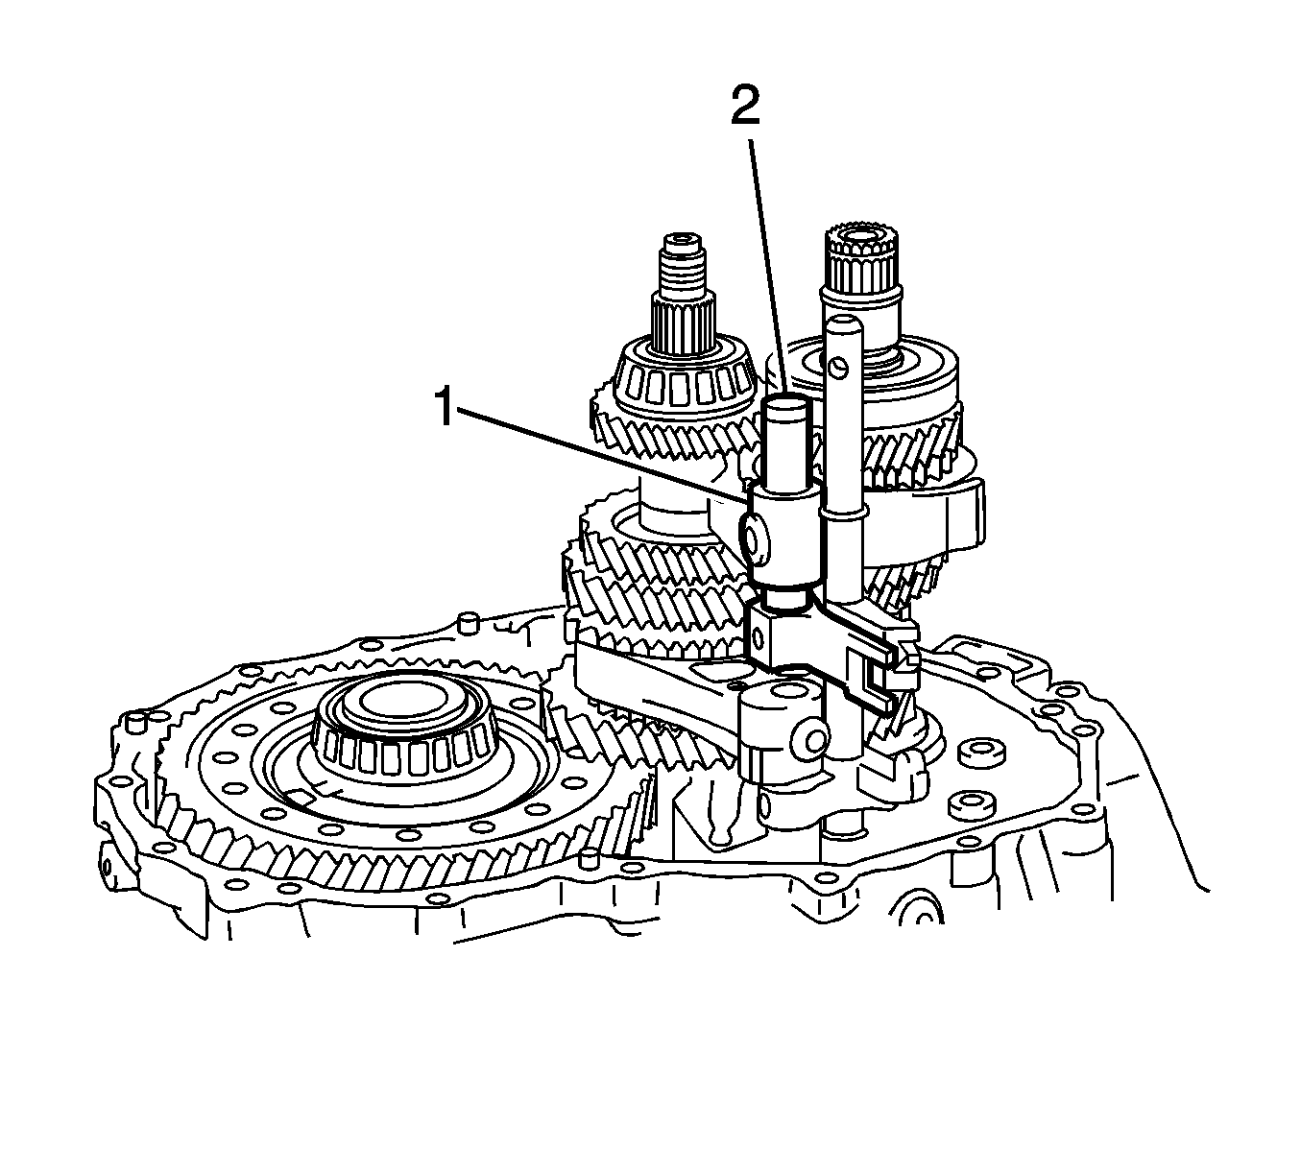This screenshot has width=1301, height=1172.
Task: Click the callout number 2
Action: (745, 107)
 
